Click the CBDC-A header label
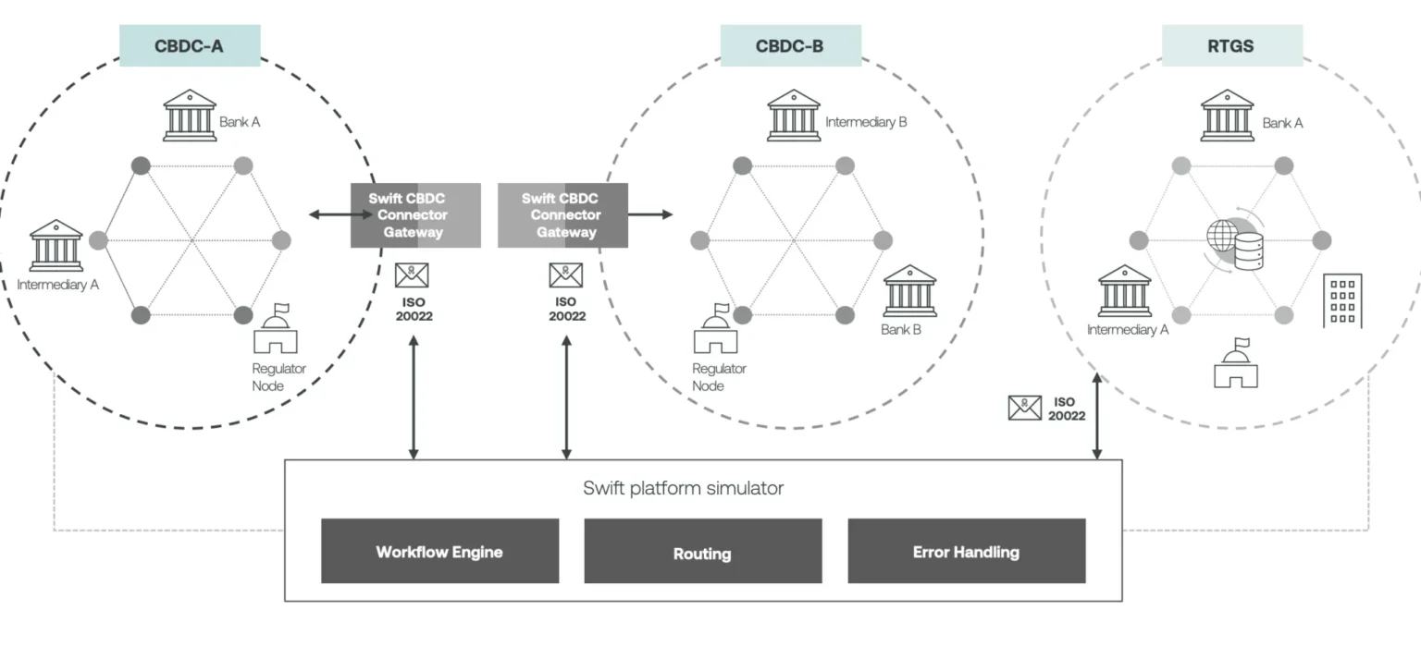pos(190,45)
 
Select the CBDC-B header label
pos(790,45)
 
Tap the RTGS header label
pos(1231,45)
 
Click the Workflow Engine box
pos(439,552)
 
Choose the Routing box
pos(702,552)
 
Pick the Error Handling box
pos(966,552)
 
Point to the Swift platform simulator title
pos(683,488)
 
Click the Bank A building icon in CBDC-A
pos(190,116)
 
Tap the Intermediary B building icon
pos(793,116)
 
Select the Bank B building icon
pos(909,291)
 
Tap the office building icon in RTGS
pos(1342,300)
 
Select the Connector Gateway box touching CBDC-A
pos(415,215)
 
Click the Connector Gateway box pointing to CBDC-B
pos(562,215)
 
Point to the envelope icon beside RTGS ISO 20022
pos(1024,408)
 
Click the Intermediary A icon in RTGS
pos(1125,291)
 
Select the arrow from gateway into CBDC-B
pos(650,215)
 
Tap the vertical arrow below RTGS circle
pos(1097,416)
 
